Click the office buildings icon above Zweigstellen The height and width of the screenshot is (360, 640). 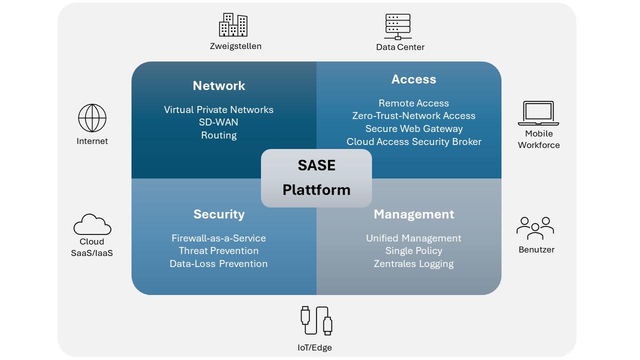(233, 25)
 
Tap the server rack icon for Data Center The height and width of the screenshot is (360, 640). (397, 26)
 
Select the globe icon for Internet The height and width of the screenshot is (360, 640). (92, 118)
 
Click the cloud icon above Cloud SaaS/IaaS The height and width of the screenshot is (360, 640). (92, 224)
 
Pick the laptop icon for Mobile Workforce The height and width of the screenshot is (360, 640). (538, 113)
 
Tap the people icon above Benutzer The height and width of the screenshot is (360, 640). (535, 228)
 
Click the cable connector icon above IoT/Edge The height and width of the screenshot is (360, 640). (316, 320)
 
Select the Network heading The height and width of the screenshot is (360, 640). (219, 85)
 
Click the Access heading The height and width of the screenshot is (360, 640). (413, 79)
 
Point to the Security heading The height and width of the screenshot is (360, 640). (219, 214)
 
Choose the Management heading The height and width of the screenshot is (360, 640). (413, 214)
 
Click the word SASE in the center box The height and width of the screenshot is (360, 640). (316, 165)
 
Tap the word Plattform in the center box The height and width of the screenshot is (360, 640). (316, 189)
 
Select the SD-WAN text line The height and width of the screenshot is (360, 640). (218, 122)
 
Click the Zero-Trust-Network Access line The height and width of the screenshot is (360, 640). (413, 115)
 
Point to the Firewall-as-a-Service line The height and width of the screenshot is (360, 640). (218, 238)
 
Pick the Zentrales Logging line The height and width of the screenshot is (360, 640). (413, 263)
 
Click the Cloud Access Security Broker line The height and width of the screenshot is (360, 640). (414, 141)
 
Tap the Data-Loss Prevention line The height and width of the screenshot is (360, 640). (218, 263)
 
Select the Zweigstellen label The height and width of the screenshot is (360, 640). (235, 46)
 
